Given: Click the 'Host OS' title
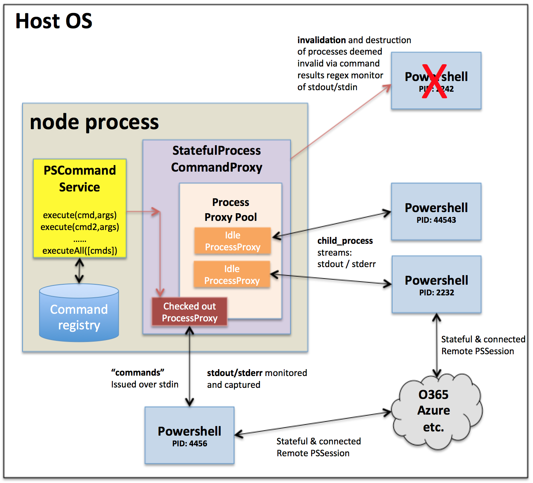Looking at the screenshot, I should pos(54,21).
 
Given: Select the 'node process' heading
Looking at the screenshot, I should pos(94,122).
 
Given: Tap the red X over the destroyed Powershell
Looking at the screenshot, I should pos(434,81).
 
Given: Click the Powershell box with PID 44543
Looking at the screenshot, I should pos(436,212).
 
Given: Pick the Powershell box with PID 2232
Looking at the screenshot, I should pos(436,285).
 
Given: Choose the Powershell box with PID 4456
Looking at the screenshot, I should pos(189,435).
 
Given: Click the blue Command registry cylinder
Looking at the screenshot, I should pos(79,316).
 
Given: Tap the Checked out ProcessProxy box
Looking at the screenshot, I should pos(189,312).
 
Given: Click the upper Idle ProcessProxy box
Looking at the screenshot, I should pos(233,241).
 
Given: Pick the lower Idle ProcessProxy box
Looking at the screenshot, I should pos(232,274).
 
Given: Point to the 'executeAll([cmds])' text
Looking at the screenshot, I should pos(80,251).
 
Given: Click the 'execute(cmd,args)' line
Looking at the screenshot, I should pos(80,215).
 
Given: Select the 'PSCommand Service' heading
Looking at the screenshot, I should pos(79,178).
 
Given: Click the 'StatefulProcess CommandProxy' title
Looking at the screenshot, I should pos(216,159).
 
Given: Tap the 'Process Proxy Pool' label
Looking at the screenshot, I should pos(231,209).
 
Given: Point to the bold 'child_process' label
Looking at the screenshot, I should pos(345,241).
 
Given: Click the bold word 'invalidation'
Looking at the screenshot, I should pos(321,40).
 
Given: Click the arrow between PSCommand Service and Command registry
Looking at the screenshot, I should pos(79,271).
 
